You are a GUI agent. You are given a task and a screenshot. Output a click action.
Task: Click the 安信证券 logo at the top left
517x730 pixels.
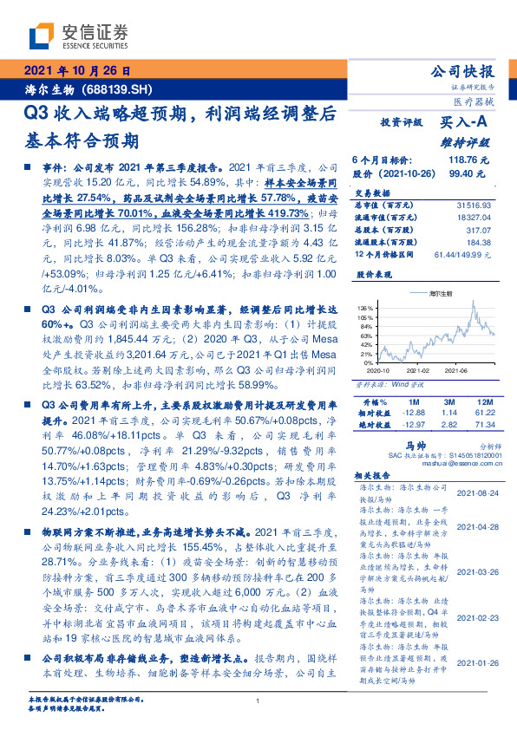tap(78, 36)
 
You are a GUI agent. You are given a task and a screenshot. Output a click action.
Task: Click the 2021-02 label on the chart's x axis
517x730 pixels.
tap(421, 368)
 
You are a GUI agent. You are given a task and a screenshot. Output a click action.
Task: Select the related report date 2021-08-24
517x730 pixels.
tap(477, 492)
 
